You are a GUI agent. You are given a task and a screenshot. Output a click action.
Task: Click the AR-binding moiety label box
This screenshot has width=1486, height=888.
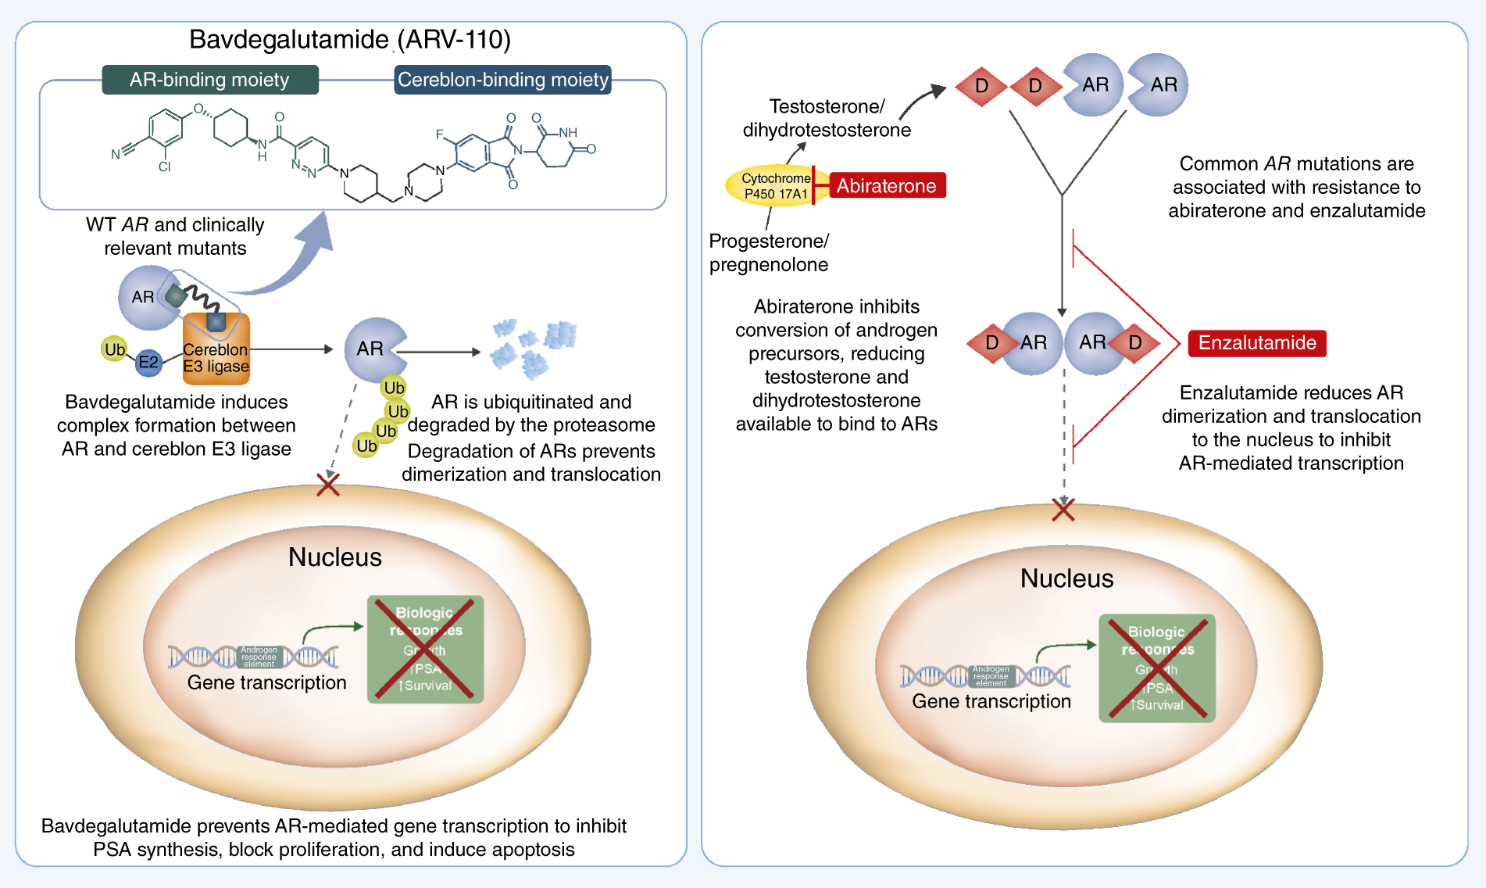pos(209,80)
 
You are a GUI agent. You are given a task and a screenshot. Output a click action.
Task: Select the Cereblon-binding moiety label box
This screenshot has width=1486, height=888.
pos(502,80)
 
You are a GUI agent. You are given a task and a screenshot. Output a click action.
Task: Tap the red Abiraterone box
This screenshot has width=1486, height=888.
pos(886,186)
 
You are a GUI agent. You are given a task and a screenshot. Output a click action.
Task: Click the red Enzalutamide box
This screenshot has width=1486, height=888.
pos(1256,343)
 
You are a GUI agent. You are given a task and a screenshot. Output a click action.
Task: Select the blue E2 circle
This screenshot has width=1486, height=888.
pos(148,362)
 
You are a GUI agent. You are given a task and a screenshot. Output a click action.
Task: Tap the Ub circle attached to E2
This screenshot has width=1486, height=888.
pos(114,349)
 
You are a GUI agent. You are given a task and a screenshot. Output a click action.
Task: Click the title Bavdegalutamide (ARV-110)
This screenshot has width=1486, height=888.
pos(349,39)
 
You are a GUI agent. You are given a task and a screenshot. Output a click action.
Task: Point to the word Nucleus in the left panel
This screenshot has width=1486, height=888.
pos(334,557)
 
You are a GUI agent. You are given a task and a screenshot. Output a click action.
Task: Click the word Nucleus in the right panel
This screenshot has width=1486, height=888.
pos(1066,578)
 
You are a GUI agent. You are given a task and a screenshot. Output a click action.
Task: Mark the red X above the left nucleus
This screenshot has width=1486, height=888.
pos(328,485)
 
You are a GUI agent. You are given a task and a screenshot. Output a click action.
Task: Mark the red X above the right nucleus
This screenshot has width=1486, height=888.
pos(1063,510)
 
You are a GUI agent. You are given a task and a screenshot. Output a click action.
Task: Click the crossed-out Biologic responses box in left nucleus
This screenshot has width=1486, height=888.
pos(425,650)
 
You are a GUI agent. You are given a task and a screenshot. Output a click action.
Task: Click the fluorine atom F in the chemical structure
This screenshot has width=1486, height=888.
pos(440,135)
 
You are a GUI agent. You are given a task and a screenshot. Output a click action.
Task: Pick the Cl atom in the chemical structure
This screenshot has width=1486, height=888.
pos(164,166)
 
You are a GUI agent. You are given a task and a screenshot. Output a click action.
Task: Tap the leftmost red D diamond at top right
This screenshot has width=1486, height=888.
pos(981,86)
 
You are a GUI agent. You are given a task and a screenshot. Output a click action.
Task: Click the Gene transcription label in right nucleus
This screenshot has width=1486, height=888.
pos(991,701)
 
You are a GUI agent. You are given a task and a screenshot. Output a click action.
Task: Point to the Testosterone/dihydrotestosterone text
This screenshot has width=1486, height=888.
pos(827,118)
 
